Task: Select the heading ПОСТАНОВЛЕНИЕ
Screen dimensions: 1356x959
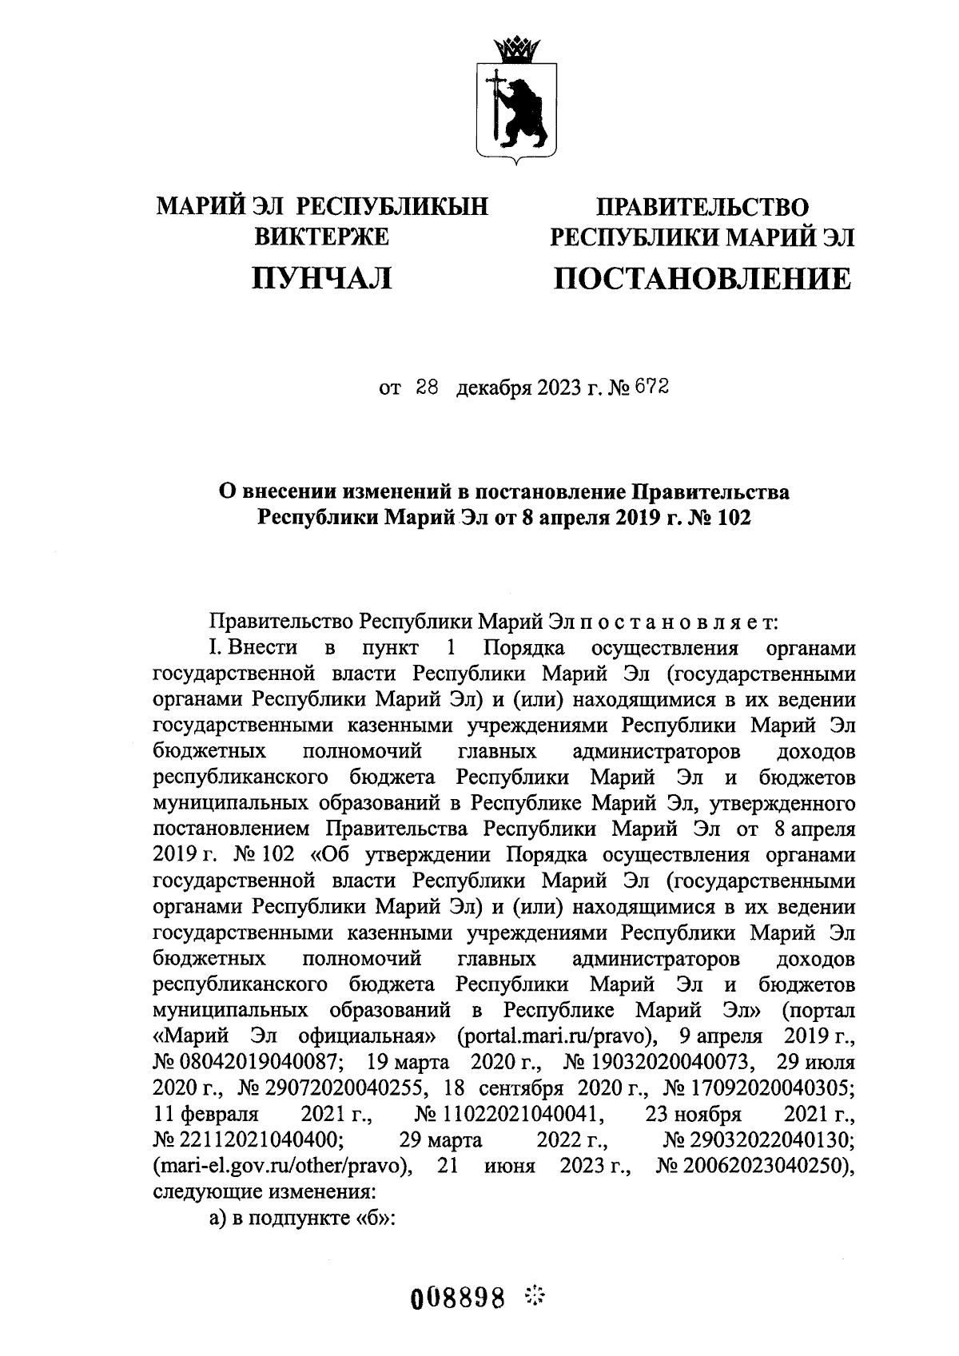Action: coord(702,278)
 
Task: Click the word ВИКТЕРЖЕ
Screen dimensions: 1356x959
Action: coord(321,237)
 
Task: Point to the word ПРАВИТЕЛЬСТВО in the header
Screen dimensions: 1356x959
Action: coord(703,208)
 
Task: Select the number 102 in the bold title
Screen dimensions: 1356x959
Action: coord(734,518)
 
